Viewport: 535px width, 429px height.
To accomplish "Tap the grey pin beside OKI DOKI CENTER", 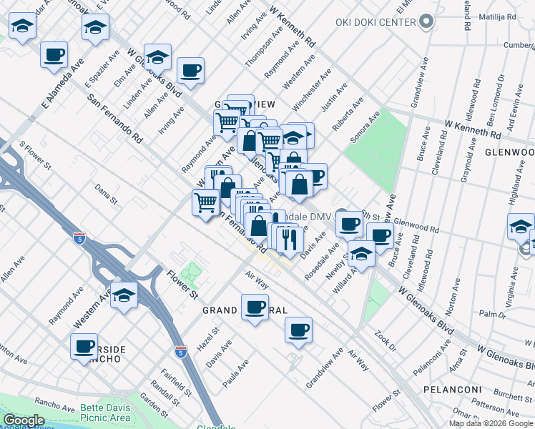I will (427, 21).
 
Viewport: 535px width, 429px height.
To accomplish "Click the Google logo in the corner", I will (24, 420).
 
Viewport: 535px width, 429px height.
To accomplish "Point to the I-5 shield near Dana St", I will (79, 237).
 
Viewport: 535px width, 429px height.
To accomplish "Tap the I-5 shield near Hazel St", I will (182, 351).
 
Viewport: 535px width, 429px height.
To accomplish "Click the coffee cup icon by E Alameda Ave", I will (54, 54).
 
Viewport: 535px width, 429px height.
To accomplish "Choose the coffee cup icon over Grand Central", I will (255, 307).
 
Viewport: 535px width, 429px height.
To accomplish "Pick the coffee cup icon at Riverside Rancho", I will (84, 347).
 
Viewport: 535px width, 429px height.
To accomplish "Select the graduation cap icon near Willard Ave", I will (361, 255).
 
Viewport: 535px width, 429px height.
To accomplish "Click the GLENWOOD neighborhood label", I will (509, 152).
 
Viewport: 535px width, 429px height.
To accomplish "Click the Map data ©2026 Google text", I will (491, 423).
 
